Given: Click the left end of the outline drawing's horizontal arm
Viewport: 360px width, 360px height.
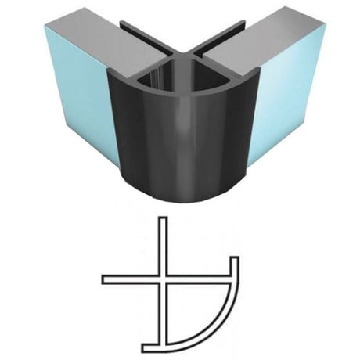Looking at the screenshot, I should pyautogui.click(x=104, y=280).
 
